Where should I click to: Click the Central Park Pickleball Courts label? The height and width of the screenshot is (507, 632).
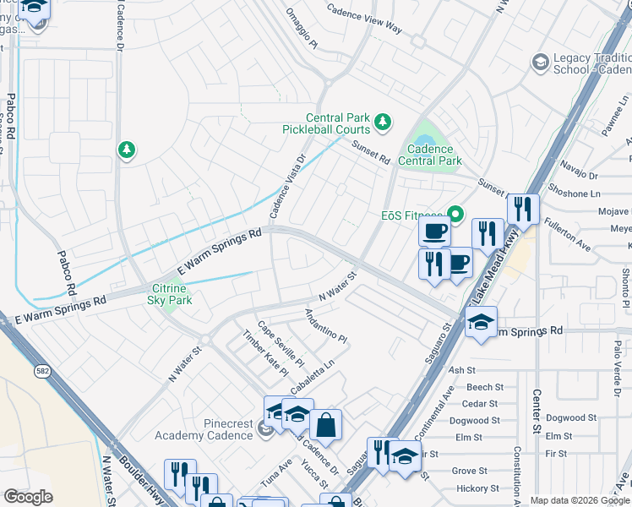coord(326,123)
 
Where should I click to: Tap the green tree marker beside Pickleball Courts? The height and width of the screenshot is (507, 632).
coord(383,123)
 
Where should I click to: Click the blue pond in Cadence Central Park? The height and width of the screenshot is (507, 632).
coord(424,139)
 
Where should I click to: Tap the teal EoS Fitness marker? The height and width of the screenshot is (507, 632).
coord(457,215)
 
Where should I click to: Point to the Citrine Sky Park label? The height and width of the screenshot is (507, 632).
coord(170,294)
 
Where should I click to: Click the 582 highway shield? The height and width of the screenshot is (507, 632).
coord(41,371)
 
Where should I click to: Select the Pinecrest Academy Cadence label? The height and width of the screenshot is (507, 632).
coord(204,429)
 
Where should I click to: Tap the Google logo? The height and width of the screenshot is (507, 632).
coord(28,497)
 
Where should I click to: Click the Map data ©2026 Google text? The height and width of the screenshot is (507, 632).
coord(579,500)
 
